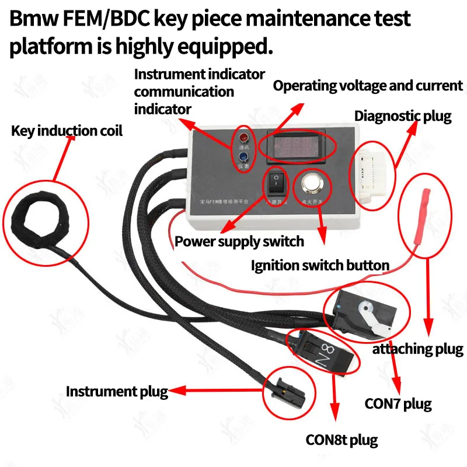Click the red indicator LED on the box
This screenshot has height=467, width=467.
click(242, 138)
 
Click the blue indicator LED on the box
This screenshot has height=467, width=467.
click(242, 156)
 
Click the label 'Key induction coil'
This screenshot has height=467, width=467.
click(67, 131)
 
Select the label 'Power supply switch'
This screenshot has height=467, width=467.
click(239, 241)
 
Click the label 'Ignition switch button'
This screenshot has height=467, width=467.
click(320, 266)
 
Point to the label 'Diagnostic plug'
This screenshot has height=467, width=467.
click(403, 116)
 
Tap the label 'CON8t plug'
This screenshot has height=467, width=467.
click(341, 440)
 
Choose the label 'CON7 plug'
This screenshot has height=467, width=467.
click(398, 403)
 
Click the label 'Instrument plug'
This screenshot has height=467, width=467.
click(117, 391)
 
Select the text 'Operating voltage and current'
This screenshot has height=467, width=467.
click(368, 86)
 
